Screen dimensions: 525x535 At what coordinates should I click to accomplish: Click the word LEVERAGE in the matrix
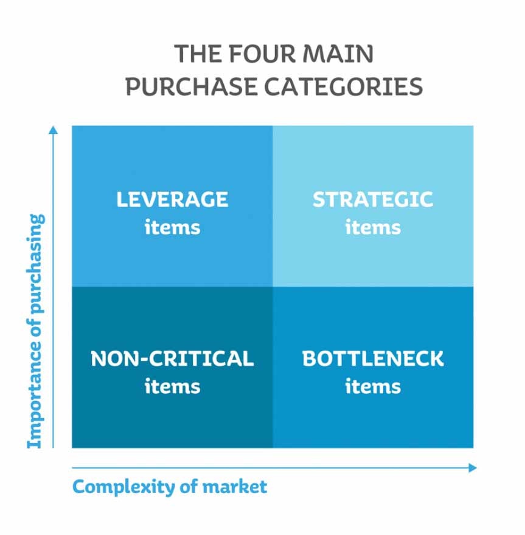[172, 199]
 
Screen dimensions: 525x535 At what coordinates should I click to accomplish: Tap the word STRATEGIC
[373, 199]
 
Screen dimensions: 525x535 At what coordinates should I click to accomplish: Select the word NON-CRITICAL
[172, 358]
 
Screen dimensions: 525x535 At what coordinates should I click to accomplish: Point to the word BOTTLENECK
[373, 358]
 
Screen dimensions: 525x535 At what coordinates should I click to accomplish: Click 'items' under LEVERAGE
[172, 227]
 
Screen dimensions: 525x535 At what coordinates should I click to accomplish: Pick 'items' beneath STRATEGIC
[373, 227]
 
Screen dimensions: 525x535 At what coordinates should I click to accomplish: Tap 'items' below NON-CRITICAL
[172, 386]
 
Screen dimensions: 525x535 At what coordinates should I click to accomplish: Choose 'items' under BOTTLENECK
[373, 386]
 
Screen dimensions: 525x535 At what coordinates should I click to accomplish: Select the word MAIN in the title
[338, 54]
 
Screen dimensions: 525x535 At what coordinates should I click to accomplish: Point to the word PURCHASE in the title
[192, 86]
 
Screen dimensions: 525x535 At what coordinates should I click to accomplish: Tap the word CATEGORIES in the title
[344, 86]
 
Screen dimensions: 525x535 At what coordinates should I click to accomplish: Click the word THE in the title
[198, 54]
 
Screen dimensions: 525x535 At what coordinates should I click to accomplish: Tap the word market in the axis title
[235, 486]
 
